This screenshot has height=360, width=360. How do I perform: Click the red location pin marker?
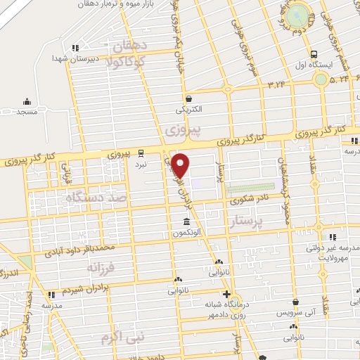coord(181,165)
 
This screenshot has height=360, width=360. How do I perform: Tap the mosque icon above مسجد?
coord(27,102)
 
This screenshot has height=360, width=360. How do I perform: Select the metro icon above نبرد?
coord(141,153)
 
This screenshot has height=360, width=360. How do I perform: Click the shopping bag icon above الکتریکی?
coord(188,98)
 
